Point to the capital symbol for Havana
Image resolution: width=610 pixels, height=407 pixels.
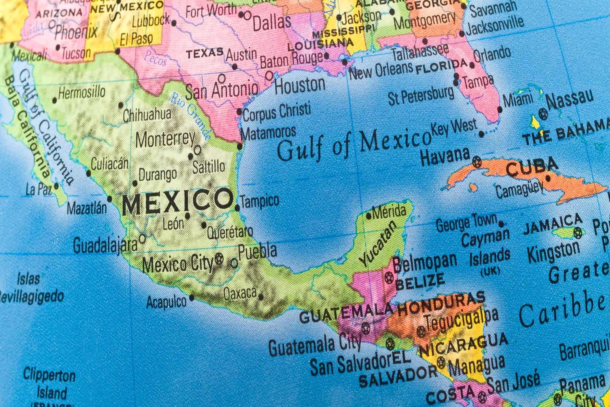[x=477, y=163]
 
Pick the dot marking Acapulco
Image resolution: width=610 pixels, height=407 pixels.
[x=192, y=298]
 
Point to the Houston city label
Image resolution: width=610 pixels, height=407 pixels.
[x=300, y=85]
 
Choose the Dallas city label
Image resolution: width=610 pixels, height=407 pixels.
[x=272, y=22]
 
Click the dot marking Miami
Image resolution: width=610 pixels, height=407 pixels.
[x=500, y=109]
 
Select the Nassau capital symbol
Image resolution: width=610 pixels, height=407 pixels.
[x=542, y=113]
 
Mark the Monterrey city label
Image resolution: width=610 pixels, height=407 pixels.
[x=165, y=140]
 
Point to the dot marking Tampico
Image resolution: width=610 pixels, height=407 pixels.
[x=237, y=208]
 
